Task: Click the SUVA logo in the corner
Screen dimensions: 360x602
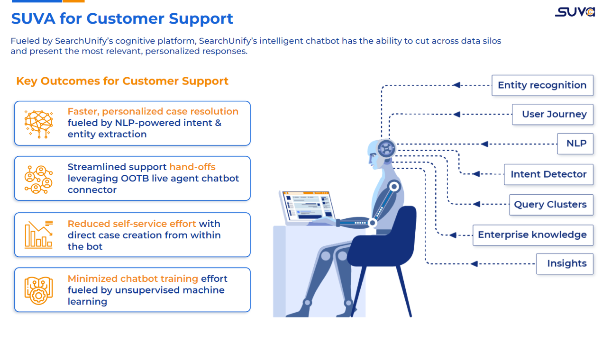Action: tap(575, 12)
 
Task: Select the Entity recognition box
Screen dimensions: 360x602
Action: tap(542, 85)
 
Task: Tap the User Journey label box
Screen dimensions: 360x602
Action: tap(553, 115)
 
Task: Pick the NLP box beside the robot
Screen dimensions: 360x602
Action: tap(576, 144)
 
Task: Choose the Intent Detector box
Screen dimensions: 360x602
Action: tap(548, 174)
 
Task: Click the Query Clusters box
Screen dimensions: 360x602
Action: tap(551, 205)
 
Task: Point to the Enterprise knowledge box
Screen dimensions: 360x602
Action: tap(533, 235)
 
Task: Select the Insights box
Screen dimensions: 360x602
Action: tap(565, 264)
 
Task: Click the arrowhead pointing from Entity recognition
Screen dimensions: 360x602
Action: tap(456, 85)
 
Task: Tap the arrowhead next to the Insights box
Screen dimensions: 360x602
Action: tap(474, 263)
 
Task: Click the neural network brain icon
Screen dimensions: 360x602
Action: tap(38, 123)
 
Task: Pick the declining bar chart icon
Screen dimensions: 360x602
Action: tap(38, 234)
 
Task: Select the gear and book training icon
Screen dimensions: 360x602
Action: tap(38, 290)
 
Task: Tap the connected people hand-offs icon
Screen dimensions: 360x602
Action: tap(38, 179)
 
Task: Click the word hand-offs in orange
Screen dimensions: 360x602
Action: tap(192, 167)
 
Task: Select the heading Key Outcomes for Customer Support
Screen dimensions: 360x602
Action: tap(122, 81)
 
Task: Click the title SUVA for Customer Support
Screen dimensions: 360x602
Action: tap(122, 18)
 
